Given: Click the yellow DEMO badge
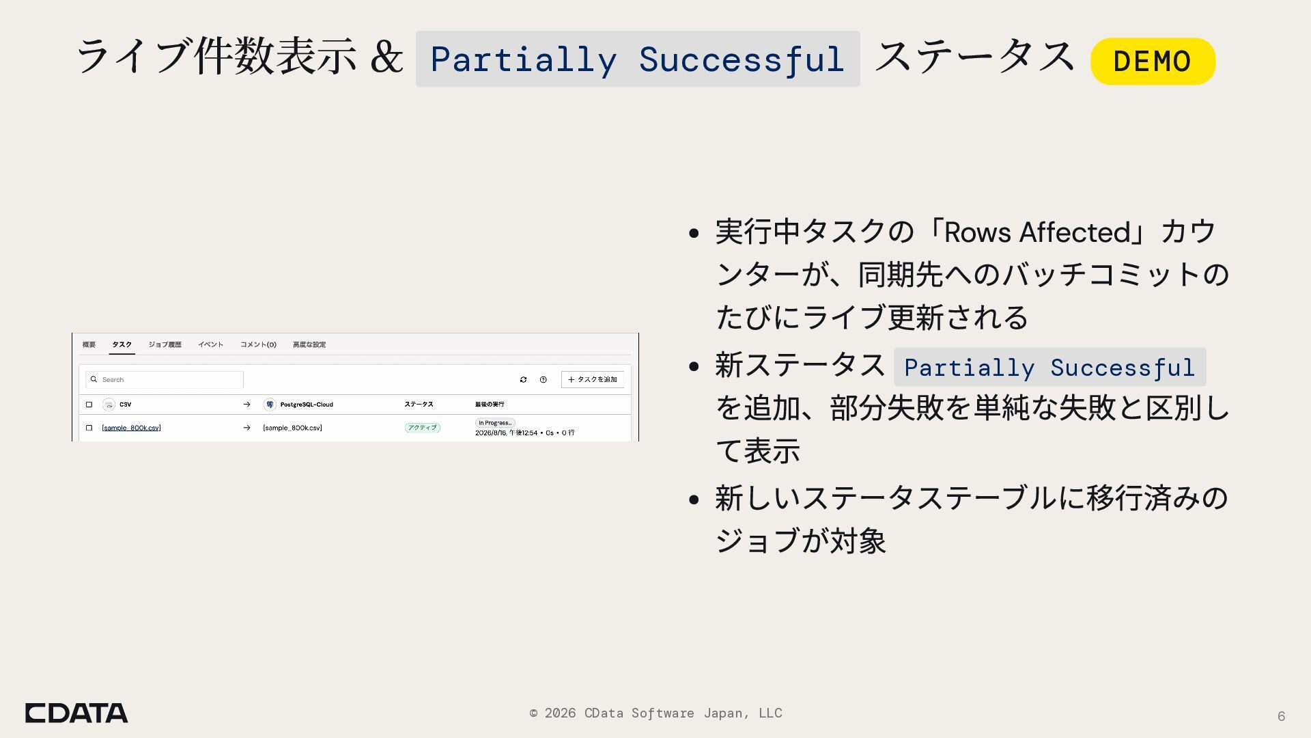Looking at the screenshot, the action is point(1153,61).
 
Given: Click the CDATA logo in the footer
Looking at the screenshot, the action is point(76,713).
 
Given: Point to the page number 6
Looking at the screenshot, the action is point(1281,716).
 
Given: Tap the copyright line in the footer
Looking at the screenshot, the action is point(655,713).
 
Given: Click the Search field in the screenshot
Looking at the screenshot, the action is point(165,379).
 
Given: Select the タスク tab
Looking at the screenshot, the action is point(122,344).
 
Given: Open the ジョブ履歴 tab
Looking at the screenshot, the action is point(165,344).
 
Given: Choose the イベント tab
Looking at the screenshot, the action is point(210,344).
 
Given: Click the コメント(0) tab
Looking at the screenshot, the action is point(258,344).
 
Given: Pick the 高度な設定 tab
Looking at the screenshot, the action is point(309,344).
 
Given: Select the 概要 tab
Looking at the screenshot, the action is point(89,344).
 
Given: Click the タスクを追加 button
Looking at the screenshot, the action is point(593,379).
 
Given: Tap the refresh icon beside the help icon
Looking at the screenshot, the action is point(523,379).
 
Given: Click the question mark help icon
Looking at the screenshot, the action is point(543,379).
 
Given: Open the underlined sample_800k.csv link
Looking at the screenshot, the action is point(131,428).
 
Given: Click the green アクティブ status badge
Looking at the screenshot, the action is point(422,428).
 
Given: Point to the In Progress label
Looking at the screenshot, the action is point(495,423).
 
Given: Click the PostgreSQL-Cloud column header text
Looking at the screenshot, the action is point(307,405).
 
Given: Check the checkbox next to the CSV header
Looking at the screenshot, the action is point(89,405).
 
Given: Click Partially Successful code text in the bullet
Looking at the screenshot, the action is point(1049,367).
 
